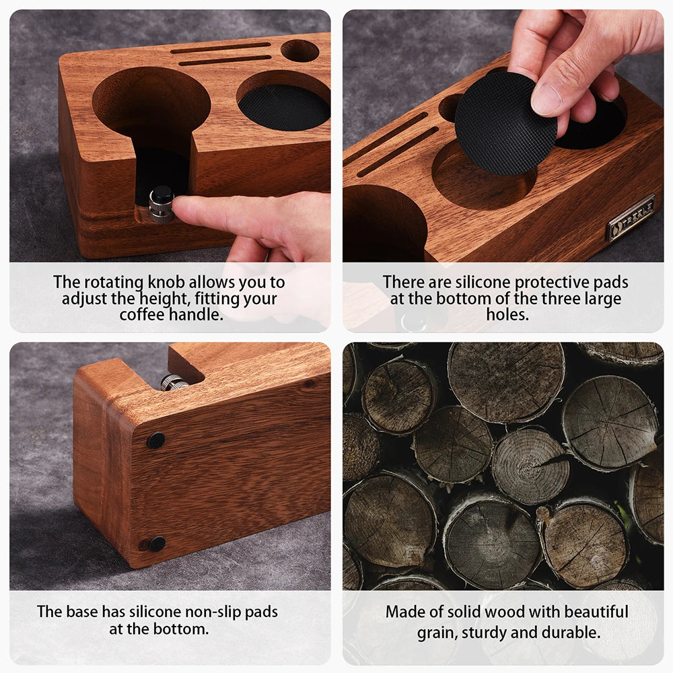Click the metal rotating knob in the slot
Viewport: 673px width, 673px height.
coord(161,204)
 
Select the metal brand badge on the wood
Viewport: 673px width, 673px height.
coord(631,217)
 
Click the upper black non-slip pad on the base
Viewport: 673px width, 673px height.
coord(156,441)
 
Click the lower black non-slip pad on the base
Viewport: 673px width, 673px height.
coord(157,544)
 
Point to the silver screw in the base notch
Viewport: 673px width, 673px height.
coord(174,382)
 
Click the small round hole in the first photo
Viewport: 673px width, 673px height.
coord(299,50)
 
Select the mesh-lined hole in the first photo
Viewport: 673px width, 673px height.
coord(284,106)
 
